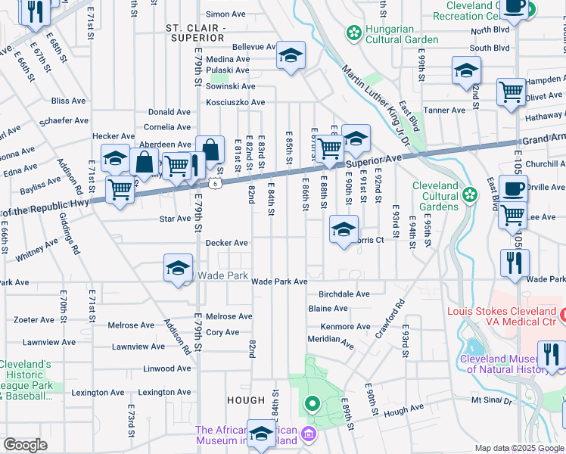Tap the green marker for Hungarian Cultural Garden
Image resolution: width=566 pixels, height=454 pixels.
353,33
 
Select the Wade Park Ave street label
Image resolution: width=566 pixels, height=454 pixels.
279,281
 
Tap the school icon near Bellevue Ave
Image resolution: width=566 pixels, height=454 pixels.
291,56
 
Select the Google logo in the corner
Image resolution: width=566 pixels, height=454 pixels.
26,445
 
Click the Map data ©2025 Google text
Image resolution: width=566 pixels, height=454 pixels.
519,448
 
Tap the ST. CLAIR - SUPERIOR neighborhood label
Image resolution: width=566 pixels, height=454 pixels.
196,33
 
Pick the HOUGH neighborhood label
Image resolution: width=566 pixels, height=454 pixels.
245,400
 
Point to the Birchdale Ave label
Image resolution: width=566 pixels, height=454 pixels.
344,294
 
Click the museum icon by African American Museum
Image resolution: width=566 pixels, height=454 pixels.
308,434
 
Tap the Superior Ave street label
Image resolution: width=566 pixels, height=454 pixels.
374,160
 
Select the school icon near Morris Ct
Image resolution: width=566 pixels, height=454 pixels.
344,229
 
